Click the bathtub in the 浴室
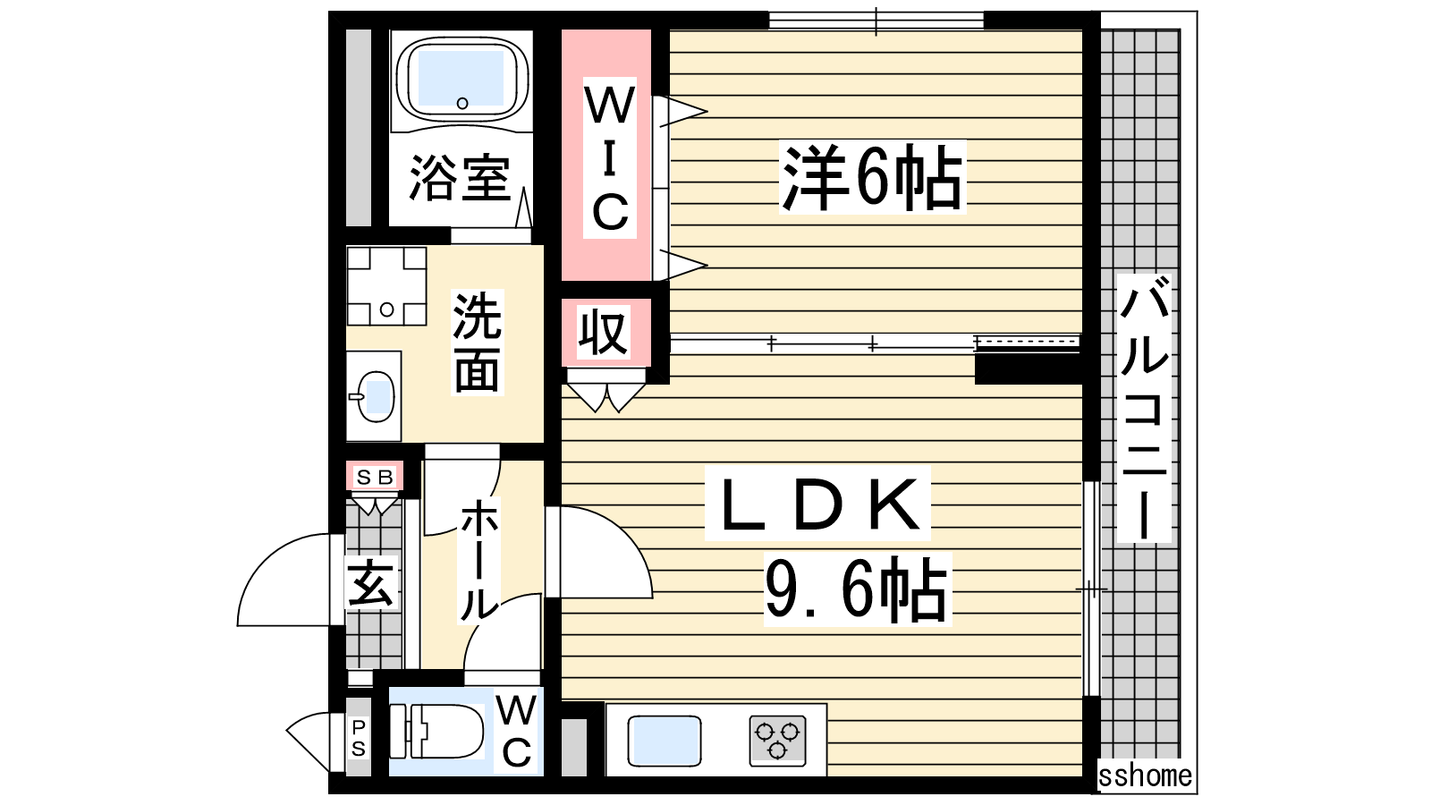pos(461,80)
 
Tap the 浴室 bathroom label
pos(460,177)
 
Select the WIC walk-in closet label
pos(610,158)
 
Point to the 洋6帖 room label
pos(872,177)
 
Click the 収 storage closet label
pos(604,332)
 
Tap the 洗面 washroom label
pos(478,342)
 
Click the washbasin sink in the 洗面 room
pos(376,397)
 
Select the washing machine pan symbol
pos(386,286)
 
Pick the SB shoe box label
pos(375,478)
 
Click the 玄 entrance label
pos(370,582)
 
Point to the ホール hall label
pos(479,560)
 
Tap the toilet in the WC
pos(437,732)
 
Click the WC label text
pos(516,732)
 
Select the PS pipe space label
pos(359,738)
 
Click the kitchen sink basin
pos(665,741)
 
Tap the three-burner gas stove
pos(777,741)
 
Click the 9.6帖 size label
pos(856,589)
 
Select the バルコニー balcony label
pos(1144,409)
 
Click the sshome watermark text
pos(1145,775)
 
